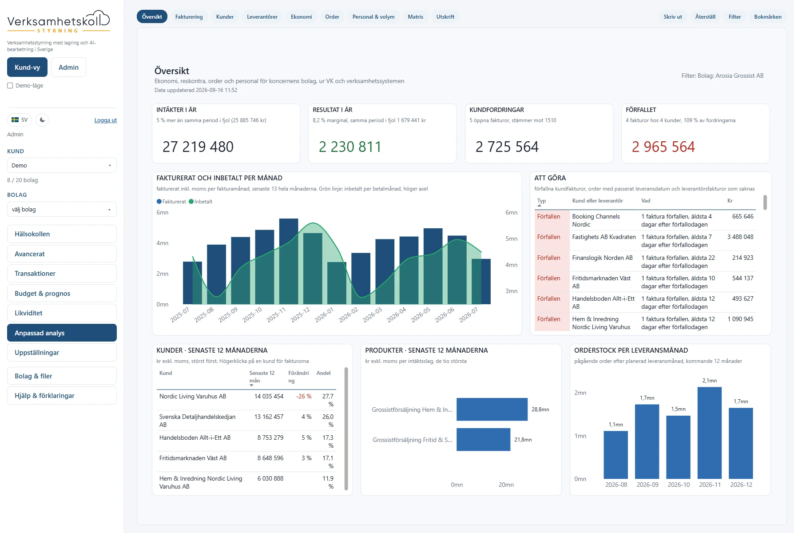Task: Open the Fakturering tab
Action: (189, 17)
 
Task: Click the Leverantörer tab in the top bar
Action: (262, 17)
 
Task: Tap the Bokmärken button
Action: (767, 17)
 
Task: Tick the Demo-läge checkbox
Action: (10, 86)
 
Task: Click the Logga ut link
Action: (105, 120)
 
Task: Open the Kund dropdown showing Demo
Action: (62, 165)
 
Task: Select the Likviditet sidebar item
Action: (62, 313)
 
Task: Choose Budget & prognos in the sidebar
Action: (62, 293)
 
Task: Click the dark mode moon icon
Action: (42, 120)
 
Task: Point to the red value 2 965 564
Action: (663, 147)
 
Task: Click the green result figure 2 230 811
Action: (350, 147)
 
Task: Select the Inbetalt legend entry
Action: (201, 202)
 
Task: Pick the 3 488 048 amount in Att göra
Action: (740, 237)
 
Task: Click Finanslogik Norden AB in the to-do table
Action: (602, 258)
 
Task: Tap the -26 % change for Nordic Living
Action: (304, 397)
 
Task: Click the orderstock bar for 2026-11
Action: (710, 433)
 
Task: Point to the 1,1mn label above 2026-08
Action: (615, 425)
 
